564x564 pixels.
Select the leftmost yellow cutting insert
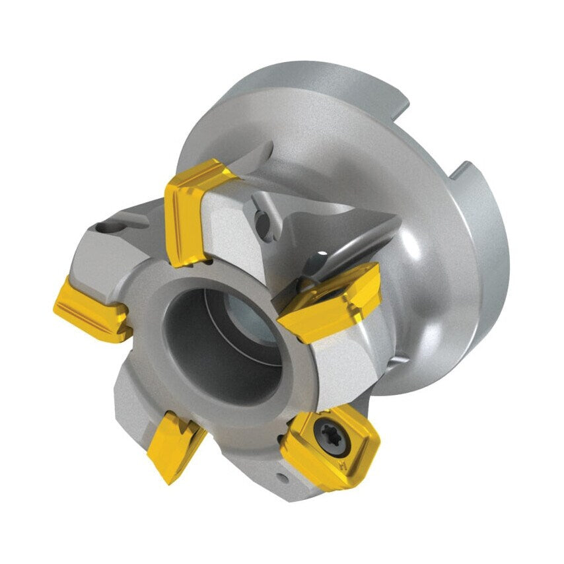pyautogui.click(x=91, y=308)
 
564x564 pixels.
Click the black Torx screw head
pyautogui.click(x=327, y=432)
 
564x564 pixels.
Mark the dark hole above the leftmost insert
pyautogui.click(x=105, y=228)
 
